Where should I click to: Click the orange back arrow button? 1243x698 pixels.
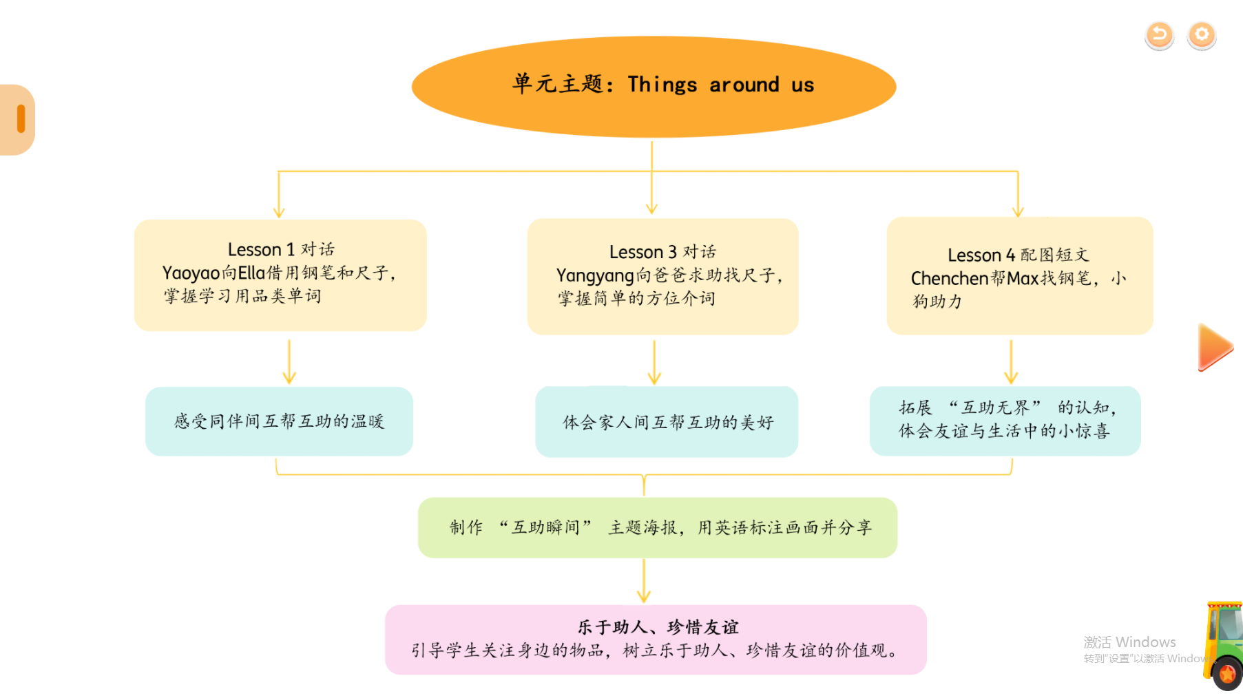(x=1159, y=34)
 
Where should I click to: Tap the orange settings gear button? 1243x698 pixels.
(x=1202, y=34)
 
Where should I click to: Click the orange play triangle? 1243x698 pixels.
(x=1215, y=348)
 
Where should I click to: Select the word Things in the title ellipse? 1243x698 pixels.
(x=662, y=85)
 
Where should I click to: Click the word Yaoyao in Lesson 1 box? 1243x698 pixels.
(x=191, y=273)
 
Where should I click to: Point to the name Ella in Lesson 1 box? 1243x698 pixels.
(x=251, y=273)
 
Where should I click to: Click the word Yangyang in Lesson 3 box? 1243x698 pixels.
(x=594, y=276)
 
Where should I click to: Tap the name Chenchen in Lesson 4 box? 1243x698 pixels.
(x=949, y=279)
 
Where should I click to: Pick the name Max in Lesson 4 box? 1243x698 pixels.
(x=1023, y=279)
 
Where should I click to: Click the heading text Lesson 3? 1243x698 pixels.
(x=643, y=252)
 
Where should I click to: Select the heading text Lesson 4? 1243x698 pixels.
(x=981, y=255)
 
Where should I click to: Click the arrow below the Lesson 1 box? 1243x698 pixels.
(x=289, y=362)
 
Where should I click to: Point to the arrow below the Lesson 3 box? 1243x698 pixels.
(x=654, y=362)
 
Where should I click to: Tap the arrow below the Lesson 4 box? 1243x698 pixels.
(x=1011, y=362)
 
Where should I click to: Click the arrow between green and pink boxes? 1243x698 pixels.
(x=644, y=581)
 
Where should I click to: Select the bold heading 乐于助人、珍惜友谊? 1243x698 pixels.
(x=658, y=627)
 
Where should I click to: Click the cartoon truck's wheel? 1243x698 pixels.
(x=1228, y=674)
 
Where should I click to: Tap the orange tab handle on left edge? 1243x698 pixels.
(x=21, y=119)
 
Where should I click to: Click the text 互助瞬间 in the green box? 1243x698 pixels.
(x=545, y=528)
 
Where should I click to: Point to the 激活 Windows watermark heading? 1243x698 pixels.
(x=1129, y=642)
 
